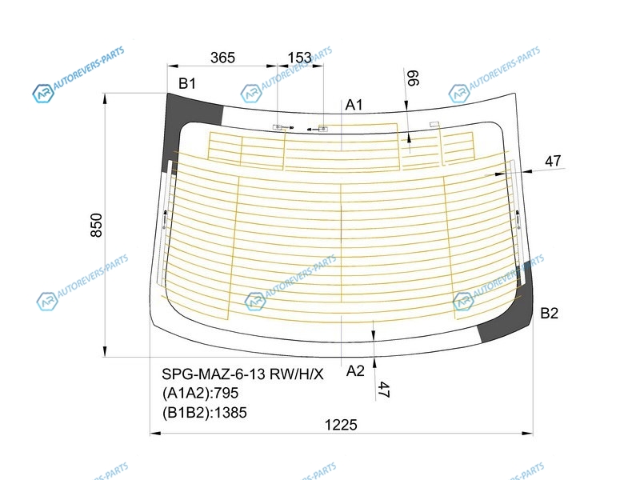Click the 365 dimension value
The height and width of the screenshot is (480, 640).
222,58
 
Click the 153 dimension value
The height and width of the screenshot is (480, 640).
299,58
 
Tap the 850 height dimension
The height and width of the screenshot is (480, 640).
96,225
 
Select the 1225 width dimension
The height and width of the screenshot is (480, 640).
341,425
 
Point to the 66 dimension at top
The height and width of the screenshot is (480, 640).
413,78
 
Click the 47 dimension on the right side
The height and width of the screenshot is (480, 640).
553,161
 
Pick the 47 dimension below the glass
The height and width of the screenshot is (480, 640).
383,389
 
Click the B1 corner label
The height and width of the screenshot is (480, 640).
187,84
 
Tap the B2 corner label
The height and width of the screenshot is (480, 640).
549,313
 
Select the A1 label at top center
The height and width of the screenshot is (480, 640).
354,105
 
